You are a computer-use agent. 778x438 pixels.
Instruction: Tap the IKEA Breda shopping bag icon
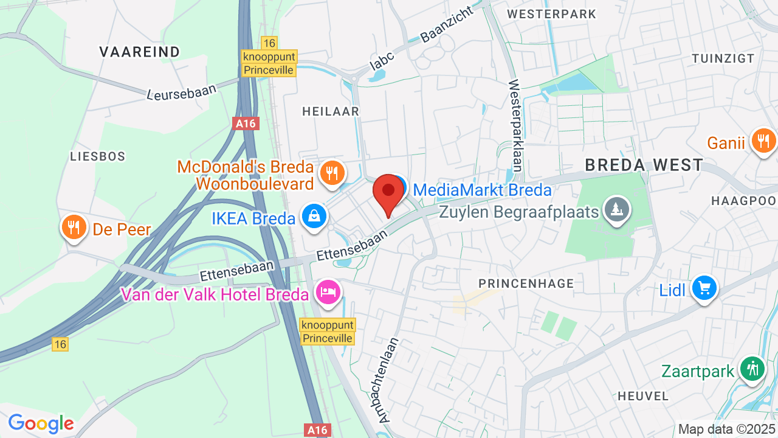tap(314, 217)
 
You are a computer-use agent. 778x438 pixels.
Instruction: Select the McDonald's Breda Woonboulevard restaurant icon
tap(331, 173)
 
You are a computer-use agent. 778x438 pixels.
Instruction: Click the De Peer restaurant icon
tap(74, 228)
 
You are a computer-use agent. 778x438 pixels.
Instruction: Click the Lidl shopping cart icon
tap(704, 288)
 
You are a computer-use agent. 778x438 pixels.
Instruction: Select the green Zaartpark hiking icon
tap(753, 369)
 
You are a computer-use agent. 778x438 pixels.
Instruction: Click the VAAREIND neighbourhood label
tap(140, 52)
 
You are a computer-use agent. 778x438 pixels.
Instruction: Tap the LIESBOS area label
tap(98, 156)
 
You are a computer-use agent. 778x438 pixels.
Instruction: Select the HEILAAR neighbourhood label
tap(331, 111)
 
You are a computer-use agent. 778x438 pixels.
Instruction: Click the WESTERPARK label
tap(551, 13)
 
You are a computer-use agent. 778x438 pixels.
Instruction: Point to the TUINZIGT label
tap(723, 58)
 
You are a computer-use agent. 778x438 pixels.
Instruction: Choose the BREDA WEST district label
tap(644, 165)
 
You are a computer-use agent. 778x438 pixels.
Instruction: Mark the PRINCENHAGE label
tap(526, 283)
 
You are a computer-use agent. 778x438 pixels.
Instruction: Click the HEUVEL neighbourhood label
tap(643, 396)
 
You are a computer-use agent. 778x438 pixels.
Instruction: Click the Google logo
tap(41, 423)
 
